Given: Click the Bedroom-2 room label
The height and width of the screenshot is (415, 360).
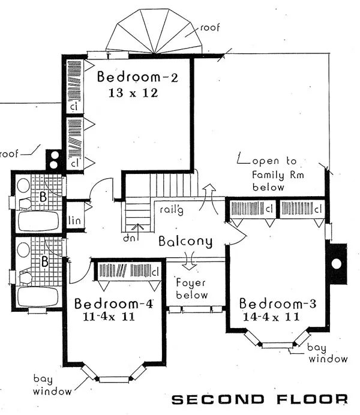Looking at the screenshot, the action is click(137, 77).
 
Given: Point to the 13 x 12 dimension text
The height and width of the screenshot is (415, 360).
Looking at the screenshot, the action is click(133, 93).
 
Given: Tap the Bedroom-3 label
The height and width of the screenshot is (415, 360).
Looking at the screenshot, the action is click(278, 303).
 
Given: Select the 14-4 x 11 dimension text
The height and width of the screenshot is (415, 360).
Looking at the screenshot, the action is click(271, 317).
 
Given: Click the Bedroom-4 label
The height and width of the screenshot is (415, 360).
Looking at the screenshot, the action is click(113, 303).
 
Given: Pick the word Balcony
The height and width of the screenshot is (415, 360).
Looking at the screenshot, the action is click(185, 241).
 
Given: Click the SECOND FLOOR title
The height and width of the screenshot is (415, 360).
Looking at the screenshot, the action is click(260, 399).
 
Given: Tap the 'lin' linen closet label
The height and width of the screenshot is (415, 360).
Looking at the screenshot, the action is click(74, 220).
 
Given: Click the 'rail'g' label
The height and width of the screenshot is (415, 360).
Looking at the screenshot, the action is click(171, 210).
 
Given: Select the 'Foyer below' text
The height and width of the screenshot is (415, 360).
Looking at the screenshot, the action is click(191, 288).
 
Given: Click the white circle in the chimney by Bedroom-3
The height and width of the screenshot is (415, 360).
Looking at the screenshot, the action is click(337, 264).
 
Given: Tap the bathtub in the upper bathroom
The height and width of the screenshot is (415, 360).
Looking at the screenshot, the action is click(38, 221).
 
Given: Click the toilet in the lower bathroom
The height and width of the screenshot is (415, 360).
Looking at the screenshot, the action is click(26, 278).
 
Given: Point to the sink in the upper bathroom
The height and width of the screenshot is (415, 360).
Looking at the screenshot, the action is click(23, 185).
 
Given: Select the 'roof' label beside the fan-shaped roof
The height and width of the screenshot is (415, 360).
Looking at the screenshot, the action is click(210, 27).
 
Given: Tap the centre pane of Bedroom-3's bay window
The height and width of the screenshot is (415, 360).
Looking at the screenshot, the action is click(278, 345).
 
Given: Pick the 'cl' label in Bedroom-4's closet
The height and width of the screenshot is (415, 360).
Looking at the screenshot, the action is click(155, 272).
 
